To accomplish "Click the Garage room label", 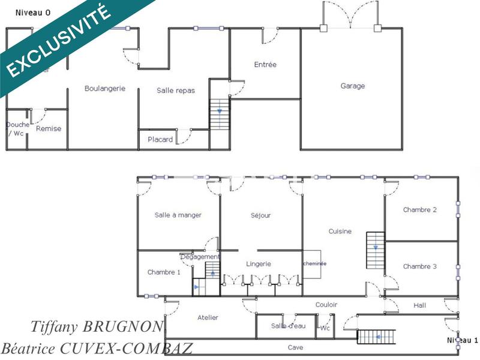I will [353, 86].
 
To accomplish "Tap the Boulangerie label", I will [105, 88].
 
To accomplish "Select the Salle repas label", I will [176, 91].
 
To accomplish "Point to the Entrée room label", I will [265, 65].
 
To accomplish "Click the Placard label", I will [160, 140].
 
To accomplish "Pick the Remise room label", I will [49, 128].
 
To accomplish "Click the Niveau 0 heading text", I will [33, 13].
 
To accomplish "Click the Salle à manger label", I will [178, 215].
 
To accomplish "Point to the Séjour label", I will [260, 215].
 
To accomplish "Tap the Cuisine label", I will [340, 231].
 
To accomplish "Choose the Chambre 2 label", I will [419, 210].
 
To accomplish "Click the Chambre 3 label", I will [419, 266].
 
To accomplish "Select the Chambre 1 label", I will [164, 272].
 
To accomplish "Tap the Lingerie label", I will [259, 263].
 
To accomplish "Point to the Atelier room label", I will [208, 317].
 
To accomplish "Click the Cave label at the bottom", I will [295, 347].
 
